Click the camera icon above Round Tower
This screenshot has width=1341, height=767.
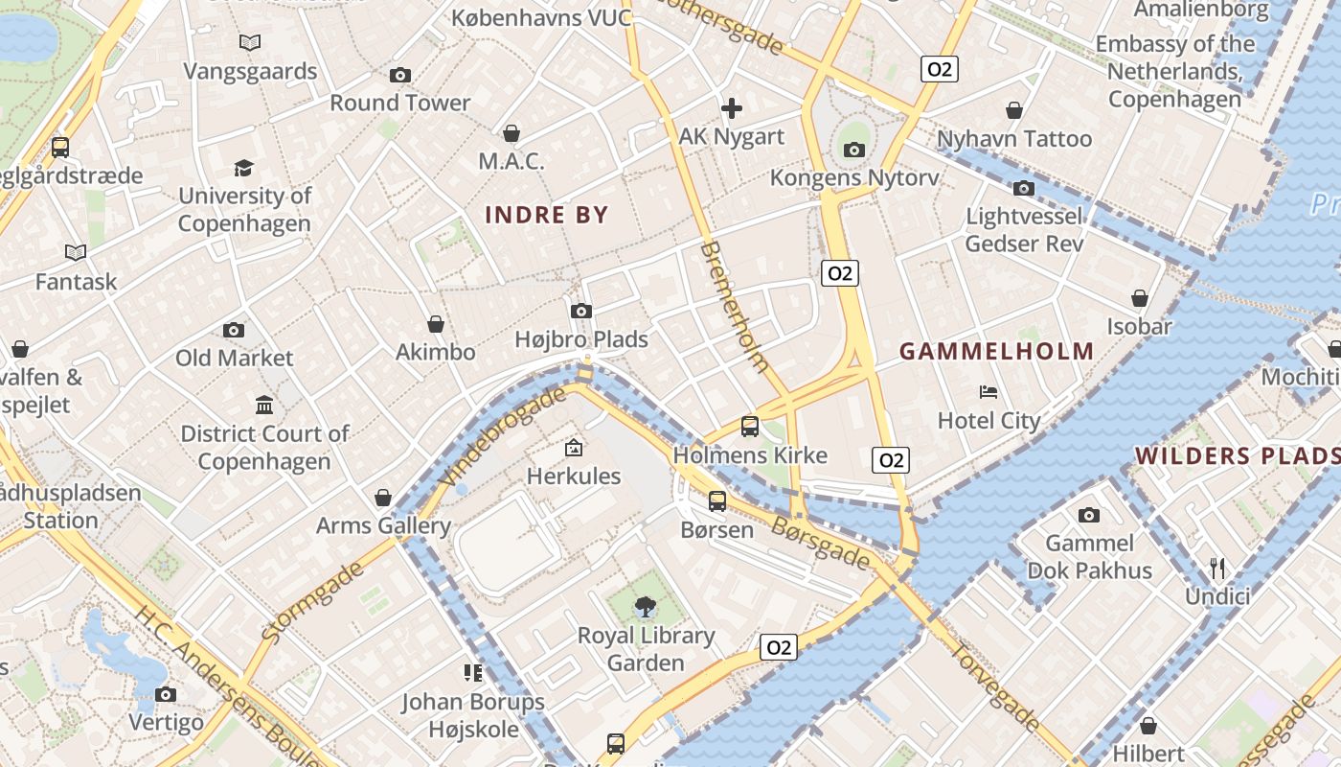(400, 75)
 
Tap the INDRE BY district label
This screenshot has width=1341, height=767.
(547, 215)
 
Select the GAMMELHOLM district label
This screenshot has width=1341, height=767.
(996, 352)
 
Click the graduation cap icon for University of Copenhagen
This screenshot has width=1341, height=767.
(244, 168)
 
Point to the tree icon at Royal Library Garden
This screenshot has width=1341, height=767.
(646, 606)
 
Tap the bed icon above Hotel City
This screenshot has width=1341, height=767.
(989, 392)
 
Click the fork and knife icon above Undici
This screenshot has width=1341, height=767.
(1217, 569)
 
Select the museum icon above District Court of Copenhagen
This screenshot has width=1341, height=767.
(264, 405)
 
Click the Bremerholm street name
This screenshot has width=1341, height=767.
(735, 307)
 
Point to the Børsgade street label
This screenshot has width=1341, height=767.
(821, 542)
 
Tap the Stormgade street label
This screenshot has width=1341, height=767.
(312, 602)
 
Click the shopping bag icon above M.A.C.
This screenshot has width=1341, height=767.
(511, 133)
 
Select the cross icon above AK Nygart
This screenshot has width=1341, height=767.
(732, 108)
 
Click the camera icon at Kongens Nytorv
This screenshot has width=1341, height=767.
(854, 150)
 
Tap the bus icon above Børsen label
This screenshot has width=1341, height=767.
(717, 500)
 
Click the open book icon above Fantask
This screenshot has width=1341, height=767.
(76, 252)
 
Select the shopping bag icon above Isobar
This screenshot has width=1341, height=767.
(1140, 299)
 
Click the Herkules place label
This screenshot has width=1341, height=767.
(574, 476)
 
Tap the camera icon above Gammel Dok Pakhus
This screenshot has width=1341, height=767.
(1089, 516)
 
